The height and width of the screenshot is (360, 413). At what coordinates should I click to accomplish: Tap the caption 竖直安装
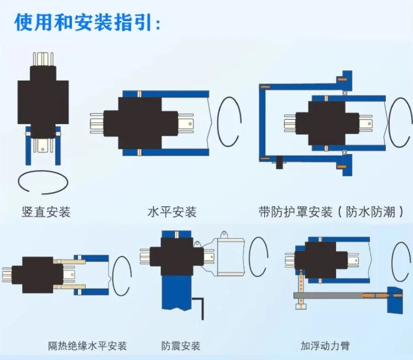point(46,212)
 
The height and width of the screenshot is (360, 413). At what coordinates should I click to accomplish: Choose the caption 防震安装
point(181,346)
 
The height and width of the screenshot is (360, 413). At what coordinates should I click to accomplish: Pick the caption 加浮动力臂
point(325,346)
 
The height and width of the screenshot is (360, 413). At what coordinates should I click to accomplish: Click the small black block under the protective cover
point(278,162)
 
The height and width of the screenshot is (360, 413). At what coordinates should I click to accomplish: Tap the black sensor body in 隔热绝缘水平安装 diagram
point(38,274)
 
